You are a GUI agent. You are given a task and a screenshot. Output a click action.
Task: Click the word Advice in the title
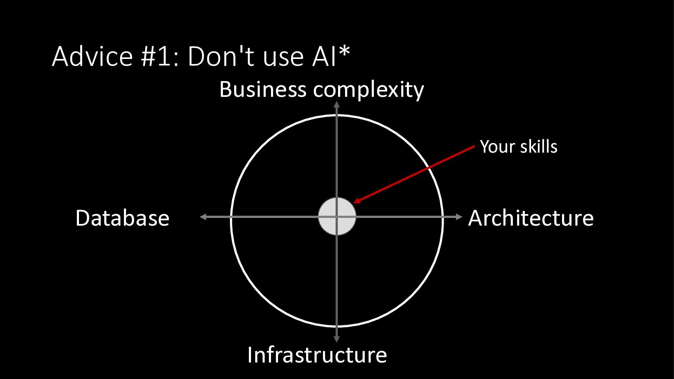tap(92, 56)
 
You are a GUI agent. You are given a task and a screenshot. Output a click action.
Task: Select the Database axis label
tap(122, 218)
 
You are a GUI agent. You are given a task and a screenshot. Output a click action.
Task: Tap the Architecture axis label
tap(530, 218)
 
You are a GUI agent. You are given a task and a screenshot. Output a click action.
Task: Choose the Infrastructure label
tap(317, 355)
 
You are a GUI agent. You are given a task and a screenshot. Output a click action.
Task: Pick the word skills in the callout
tap(538, 147)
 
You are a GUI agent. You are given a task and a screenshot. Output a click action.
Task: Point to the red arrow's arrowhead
tap(356, 201)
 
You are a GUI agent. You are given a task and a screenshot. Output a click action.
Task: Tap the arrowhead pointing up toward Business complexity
tap(337, 104)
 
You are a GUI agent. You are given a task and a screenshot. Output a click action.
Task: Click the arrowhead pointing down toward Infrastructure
tap(337, 339)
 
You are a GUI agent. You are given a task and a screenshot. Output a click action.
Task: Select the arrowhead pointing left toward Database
tap(203, 217)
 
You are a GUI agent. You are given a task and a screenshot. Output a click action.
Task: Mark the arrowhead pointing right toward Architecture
tap(459, 217)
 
